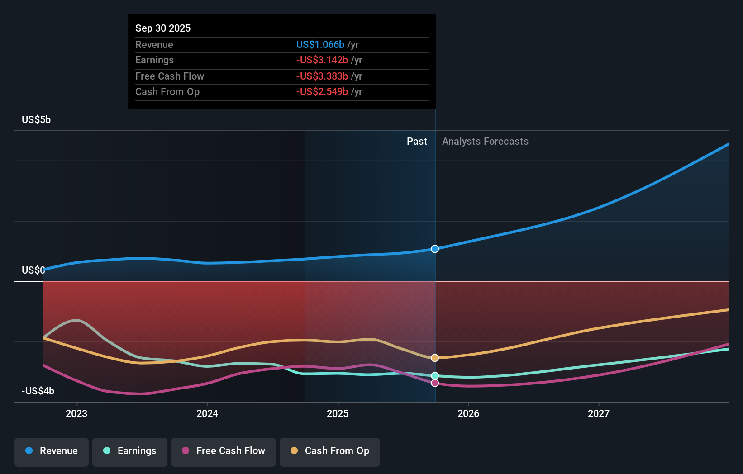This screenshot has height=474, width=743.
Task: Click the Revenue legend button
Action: click(52, 451)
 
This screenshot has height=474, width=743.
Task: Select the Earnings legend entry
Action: click(130, 451)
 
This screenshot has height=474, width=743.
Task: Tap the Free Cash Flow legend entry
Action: click(224, 451)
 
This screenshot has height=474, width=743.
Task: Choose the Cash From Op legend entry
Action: click(330, 451)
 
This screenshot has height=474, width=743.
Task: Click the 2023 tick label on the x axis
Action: click(76, 413)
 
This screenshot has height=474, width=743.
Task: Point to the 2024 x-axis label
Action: click(207, 413)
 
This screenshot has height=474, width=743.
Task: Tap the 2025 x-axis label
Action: click(338, 413)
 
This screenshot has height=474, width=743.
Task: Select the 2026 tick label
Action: click(468, 413)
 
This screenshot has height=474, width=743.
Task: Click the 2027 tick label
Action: click(599, 413)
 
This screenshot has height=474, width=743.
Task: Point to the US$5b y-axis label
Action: click(36, 120)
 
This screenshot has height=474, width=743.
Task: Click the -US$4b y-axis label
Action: click(38, 391)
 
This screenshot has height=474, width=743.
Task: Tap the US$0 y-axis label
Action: click(33, 270)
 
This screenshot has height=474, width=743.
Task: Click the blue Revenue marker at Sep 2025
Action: click(435, 249)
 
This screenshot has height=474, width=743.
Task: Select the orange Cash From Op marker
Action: click(435, 358)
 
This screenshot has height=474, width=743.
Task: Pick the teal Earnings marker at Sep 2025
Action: click(435, 376)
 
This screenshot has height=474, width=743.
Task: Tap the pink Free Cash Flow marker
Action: click(435, 383)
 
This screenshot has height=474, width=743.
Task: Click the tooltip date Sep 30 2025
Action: click(163, 28)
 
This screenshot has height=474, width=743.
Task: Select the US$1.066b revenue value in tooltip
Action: click(320, 44)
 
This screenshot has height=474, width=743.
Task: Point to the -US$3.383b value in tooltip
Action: click(322, 76)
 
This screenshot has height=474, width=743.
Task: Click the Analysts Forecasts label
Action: click(485, 142)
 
